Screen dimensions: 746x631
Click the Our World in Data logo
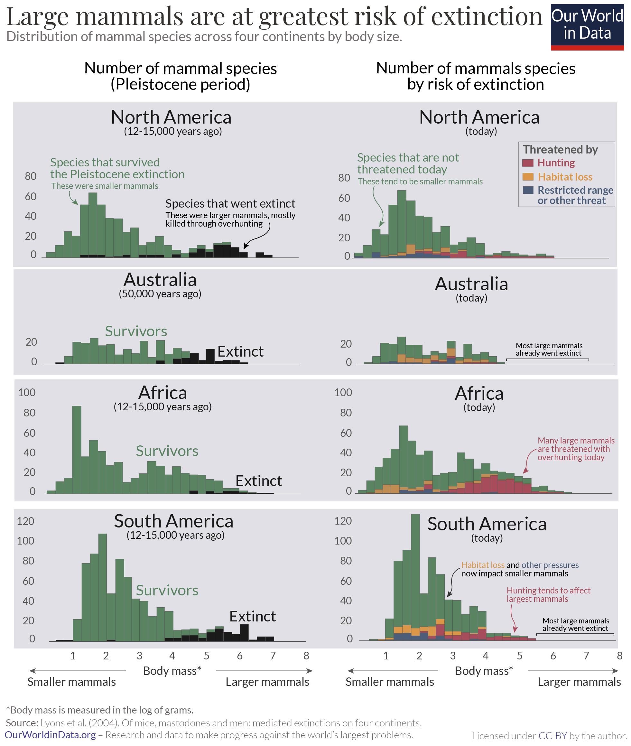587,27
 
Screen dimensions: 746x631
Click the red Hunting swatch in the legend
528,163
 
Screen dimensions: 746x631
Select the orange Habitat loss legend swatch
528,176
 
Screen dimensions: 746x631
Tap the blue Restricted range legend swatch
528,190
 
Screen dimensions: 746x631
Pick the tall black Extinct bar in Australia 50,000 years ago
210,356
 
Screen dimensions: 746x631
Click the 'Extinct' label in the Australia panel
240,352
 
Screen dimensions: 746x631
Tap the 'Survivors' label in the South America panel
167,590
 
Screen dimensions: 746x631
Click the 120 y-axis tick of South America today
343,521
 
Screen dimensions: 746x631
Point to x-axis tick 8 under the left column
306,656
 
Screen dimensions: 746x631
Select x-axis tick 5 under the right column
519,656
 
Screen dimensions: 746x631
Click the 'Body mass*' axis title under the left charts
172,670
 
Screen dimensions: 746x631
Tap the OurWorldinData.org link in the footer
51,735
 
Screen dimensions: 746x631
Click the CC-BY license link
553,736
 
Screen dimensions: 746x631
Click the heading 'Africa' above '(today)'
479,393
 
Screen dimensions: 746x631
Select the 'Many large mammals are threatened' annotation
576,449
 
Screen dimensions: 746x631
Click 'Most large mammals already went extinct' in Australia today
549,349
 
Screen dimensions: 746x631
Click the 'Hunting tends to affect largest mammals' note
548,594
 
